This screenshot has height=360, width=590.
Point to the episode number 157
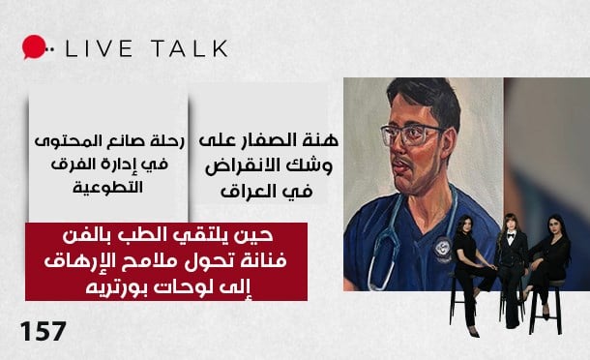click(43, 331)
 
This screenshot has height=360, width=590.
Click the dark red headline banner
click(165, 261)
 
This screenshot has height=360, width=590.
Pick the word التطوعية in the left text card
click(108, 184)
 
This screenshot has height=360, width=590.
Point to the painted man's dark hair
click(417, 96)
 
